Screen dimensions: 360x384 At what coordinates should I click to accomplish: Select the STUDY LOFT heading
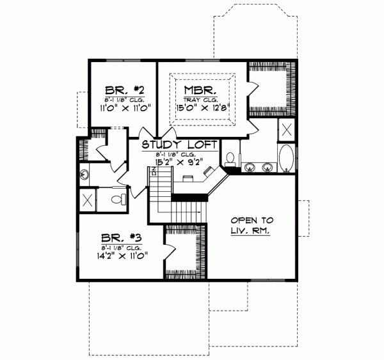coord(180,145)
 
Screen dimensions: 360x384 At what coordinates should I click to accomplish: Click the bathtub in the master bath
coord(286,159)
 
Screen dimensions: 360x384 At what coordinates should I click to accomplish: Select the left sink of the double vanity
coord(249,168)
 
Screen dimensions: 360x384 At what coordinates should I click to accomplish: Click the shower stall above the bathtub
coord(287,130)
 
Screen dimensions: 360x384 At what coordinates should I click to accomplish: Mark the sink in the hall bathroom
coord(84,173)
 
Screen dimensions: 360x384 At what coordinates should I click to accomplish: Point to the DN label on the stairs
coord(154,169)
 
